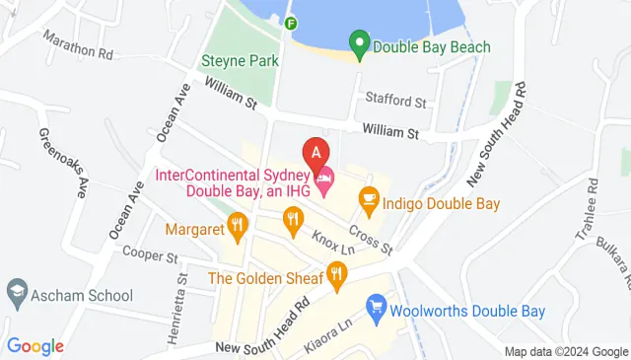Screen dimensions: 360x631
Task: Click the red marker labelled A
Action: [315, 152]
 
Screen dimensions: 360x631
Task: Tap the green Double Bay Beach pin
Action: [359, 42]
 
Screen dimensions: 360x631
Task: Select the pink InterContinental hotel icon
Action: [326, 178]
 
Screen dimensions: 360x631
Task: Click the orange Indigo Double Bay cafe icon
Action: [370, 200]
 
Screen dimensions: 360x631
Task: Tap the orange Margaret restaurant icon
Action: [237, 226]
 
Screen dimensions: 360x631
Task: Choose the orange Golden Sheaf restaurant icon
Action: [336, 277]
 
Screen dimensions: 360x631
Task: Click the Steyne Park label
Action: [240, 61]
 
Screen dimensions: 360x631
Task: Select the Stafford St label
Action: [394, 101]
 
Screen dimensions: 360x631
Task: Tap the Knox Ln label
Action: [333, 242]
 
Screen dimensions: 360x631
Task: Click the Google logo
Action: [35, 345]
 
